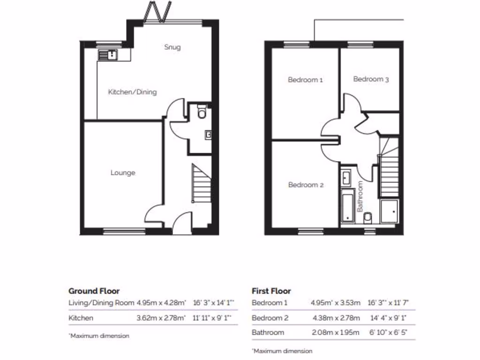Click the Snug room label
point(172,47)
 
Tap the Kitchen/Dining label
point(132,92)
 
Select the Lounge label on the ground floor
point(123,172)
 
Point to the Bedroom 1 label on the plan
point(305,80)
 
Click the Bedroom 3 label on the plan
point(371,79)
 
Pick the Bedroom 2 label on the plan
point(306,185)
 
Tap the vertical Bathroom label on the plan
point(360,196)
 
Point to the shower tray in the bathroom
point(390,211)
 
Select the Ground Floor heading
point(94,291)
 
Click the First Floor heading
point(271,291)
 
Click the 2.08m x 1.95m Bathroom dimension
point(336,332)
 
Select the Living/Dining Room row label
point(100,303)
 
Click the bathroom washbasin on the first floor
point(346,177)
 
